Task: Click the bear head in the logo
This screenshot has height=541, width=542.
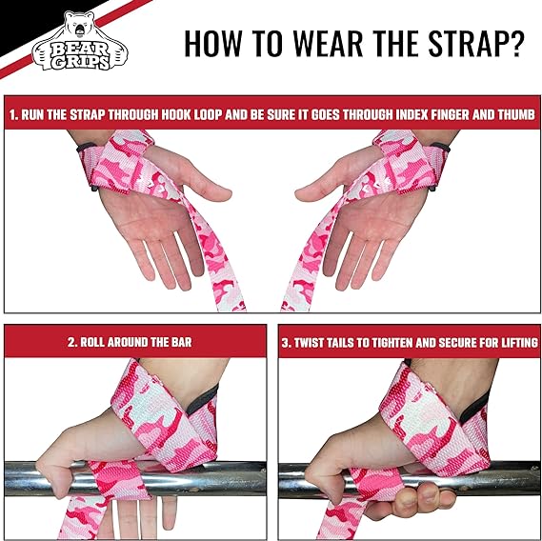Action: click(79, 25)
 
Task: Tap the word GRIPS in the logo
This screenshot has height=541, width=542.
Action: click(81, 62)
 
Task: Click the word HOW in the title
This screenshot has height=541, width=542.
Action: click(212, 43)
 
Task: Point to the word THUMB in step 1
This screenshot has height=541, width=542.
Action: click(516, 114)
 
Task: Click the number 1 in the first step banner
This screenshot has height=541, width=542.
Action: click(13, 114)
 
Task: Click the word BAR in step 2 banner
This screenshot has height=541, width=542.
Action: click(181, 342)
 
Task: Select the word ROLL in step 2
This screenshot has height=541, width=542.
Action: click(92, 342)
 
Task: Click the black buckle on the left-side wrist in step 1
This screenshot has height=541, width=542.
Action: click(87, 148)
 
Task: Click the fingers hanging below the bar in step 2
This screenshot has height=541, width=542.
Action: click(144, 515)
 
